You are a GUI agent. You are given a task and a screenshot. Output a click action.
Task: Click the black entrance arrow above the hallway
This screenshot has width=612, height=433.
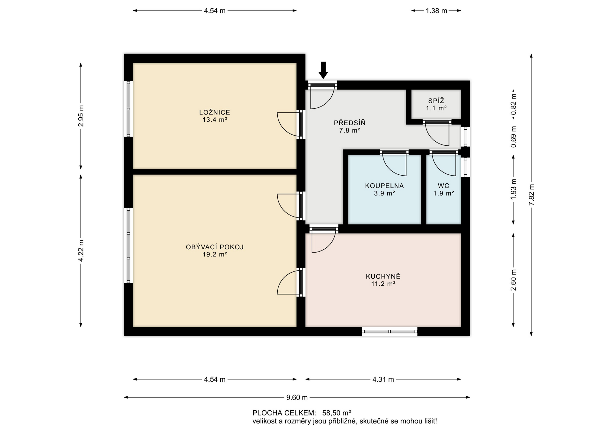click(x=323, y=70)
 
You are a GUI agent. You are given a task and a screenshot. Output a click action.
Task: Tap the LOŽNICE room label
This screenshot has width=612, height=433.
click(x=215, y=112)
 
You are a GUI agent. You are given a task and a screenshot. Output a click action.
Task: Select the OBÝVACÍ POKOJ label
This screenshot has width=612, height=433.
click(x=215, y=247)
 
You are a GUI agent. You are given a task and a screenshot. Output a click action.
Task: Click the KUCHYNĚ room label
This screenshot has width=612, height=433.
click(x=383, y=276)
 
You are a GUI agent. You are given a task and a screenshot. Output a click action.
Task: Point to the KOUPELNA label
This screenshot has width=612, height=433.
click(x=384, y=186)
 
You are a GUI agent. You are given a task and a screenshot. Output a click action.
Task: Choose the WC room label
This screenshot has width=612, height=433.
click(x=443, y=186)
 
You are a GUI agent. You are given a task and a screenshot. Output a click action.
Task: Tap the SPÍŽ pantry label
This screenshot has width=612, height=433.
click(x=436, y=101)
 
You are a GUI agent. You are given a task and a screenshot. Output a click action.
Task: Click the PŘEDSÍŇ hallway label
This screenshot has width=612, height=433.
click(x=350, y=122)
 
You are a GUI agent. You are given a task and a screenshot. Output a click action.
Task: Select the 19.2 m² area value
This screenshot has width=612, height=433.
click(x=215, y=254)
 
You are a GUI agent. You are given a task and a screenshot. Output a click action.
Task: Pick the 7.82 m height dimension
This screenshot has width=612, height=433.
click(x=531, y=195)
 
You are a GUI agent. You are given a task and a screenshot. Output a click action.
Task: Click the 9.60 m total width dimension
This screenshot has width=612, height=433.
click(x=297, y=397)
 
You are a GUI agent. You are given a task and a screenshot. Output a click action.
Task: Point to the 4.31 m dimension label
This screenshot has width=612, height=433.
click(x=383, y=379)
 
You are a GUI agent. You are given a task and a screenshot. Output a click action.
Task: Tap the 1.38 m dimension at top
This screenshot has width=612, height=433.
click(x=436, y=11)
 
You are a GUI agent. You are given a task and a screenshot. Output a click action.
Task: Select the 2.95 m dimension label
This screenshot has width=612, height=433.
click(x=81, y=116)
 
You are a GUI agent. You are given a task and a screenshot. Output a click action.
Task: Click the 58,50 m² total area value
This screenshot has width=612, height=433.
click(x=337, y=413)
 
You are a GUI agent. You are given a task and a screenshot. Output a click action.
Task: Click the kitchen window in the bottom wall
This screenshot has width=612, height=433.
click(x=390, y=332)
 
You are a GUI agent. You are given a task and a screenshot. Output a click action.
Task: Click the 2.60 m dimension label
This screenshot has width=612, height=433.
click(x=513, y=280)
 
